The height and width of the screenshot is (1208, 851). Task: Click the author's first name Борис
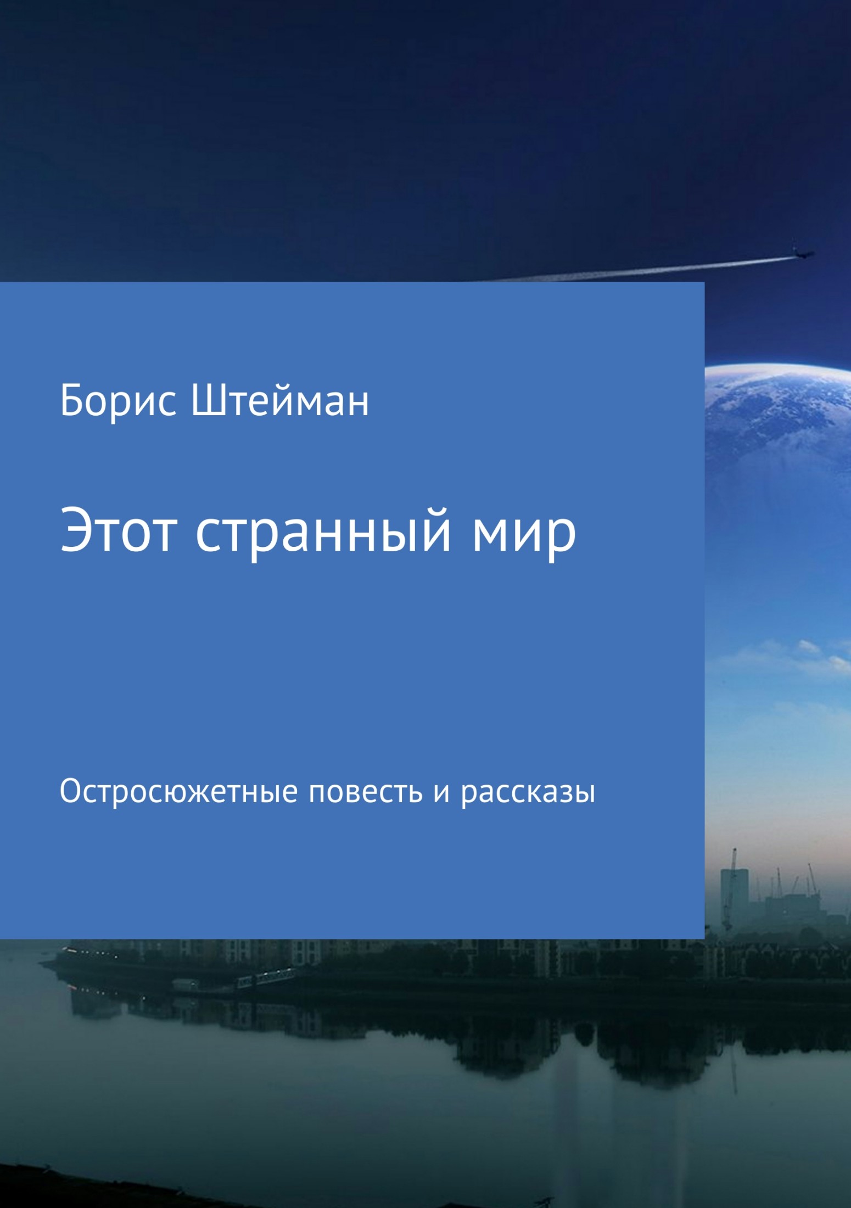coord(118,401)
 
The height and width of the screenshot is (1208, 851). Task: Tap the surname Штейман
coord(279,401)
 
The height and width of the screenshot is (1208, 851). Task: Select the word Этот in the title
coord(119,531)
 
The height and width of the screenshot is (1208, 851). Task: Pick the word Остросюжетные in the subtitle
coord(178,792)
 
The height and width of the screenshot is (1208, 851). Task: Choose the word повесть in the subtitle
coord(366,792)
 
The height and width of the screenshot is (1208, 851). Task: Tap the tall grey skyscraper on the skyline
coord(734,892)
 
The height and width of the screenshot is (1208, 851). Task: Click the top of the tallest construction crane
coord(734,851)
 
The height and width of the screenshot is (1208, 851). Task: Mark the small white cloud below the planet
coord(810,648)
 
